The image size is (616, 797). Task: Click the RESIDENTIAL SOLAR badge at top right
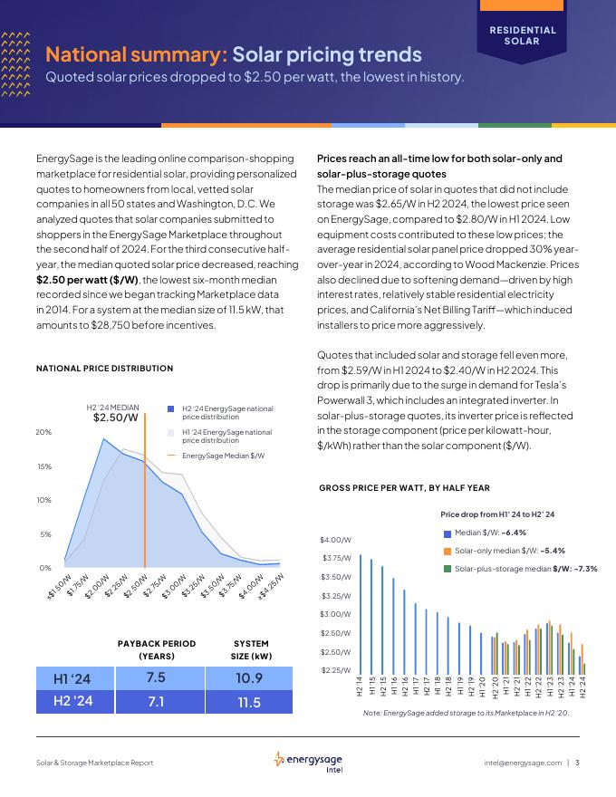523,35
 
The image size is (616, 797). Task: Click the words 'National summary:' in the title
137,55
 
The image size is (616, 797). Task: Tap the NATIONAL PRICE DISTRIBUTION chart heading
104,369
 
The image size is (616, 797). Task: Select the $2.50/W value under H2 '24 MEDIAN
116,418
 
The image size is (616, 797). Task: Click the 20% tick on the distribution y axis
43,432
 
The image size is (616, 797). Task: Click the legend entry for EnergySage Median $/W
223,456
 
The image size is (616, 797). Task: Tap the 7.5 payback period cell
155,677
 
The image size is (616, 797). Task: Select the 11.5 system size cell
249,702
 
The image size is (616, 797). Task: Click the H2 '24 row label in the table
72,702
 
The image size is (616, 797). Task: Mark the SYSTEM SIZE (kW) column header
251,649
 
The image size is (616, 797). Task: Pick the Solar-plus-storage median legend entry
521,569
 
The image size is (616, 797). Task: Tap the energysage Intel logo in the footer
307,763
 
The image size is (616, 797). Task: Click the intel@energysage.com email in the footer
523,763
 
